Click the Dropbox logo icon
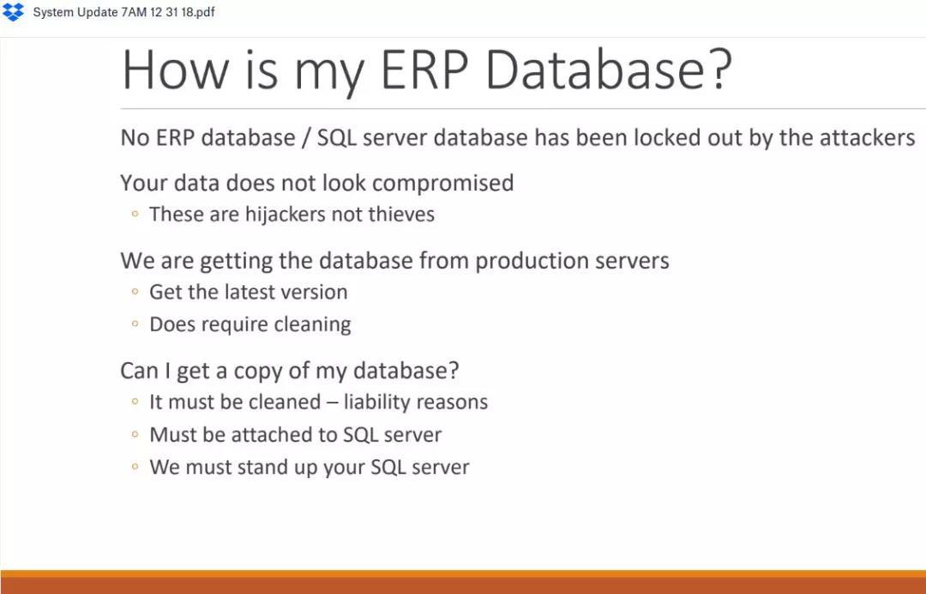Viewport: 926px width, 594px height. coord(13,12)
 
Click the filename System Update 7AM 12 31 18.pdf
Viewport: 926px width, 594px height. coord(124,12)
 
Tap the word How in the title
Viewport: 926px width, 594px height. coord(175,70)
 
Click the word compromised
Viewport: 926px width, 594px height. coord(443,183)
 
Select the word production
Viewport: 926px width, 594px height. coord(531,261)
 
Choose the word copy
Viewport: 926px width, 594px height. coord(256,372)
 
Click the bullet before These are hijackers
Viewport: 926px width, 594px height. coord(135,215)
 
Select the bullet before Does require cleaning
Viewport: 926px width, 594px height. coord(135,324)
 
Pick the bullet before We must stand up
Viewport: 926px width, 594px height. coord(135,467)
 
